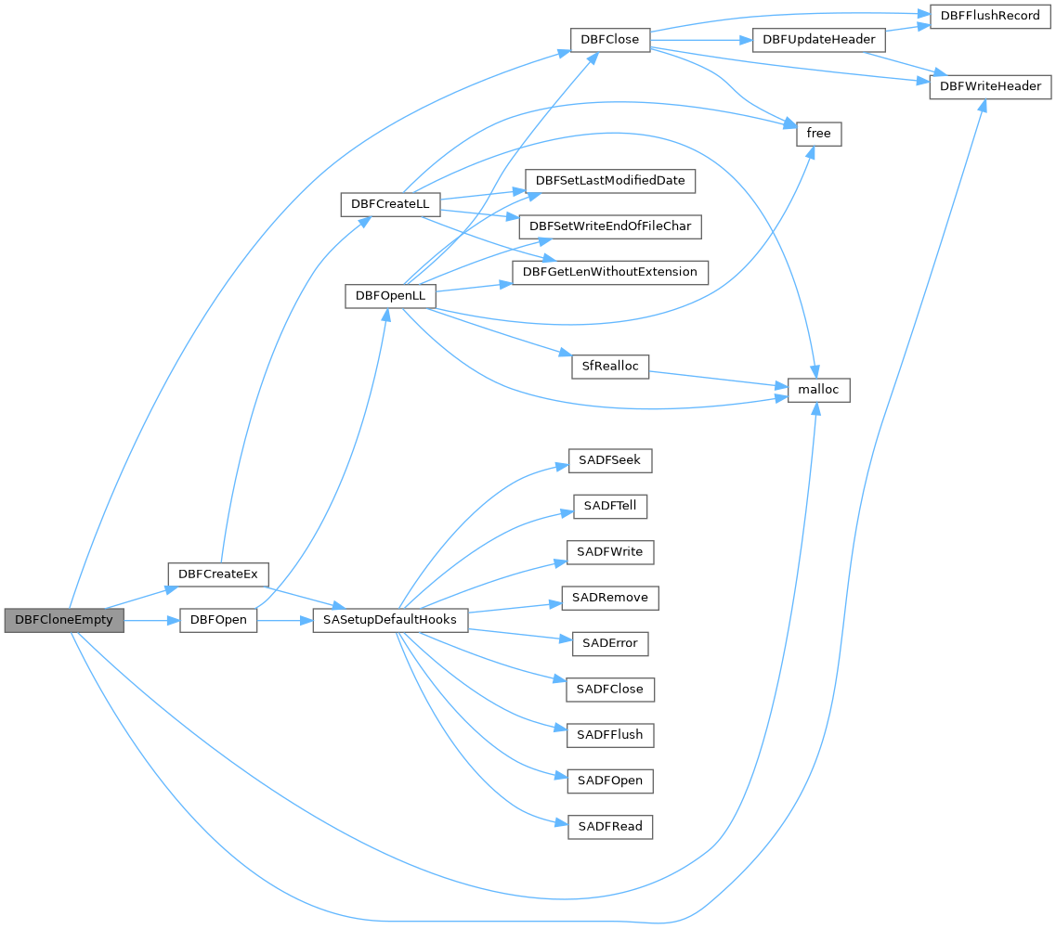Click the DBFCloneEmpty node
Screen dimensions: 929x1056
[x=64, y=620]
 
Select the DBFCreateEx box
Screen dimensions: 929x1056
[x=218, y=574]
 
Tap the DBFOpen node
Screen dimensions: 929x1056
[x=218, y=620]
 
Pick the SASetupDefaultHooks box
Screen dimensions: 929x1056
[x=389, y=620]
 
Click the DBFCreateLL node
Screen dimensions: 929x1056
[x=390, y=203]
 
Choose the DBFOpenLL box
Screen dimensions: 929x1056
[x=390, y=295]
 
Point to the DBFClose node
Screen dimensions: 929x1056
[x=609, y=40]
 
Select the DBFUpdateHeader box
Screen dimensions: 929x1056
[x=818, y=40]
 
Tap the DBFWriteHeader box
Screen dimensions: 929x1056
[x=990, y=86]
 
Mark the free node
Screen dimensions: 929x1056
[x=818, y=134]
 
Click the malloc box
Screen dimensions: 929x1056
[x=818, y=390]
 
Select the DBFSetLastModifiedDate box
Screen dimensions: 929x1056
[x=610, y=180]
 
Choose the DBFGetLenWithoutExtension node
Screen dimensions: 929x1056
[x=610, y=272]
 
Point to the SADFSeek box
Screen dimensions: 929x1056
[x=610, y=460]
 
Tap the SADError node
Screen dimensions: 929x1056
[x=610, y=643]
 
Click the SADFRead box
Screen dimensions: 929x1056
[x=610, y=826]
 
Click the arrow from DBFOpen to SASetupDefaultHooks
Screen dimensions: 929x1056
[x=284, y=620]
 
